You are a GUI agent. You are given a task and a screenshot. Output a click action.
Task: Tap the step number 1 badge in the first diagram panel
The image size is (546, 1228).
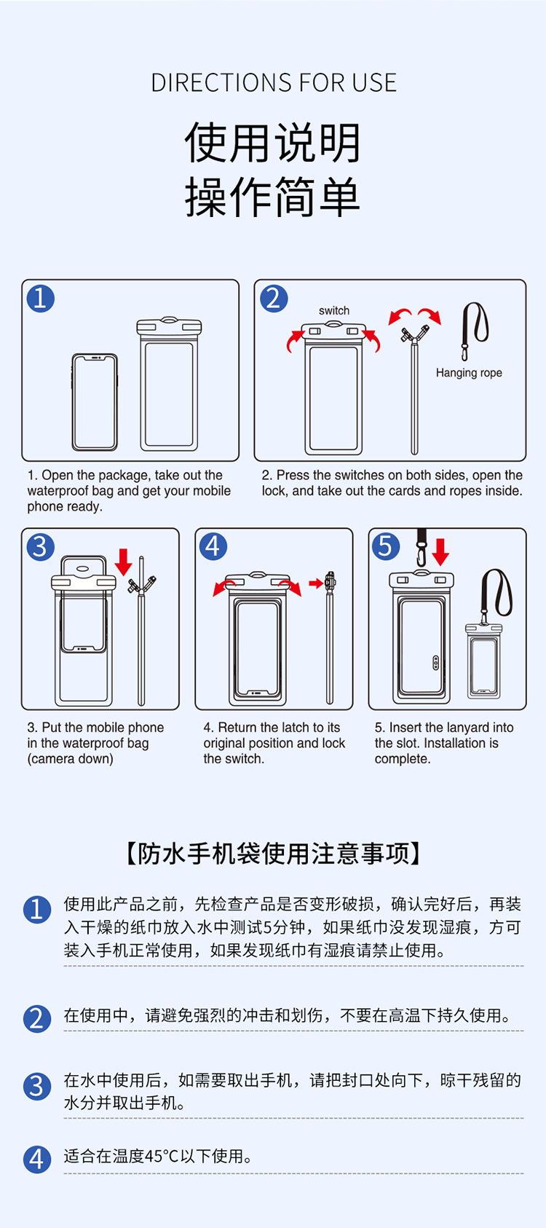[41, 299]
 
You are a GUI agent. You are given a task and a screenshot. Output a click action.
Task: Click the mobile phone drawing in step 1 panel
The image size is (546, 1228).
[95, 402]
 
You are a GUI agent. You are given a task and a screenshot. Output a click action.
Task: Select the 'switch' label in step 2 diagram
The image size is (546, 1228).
[334, 310]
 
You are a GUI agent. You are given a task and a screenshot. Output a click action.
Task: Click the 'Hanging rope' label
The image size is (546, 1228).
[469, 373]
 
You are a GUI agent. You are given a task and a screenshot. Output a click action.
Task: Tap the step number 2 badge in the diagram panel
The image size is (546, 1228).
[274, 299]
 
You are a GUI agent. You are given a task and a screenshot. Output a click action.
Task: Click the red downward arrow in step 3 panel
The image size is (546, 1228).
[124, 562]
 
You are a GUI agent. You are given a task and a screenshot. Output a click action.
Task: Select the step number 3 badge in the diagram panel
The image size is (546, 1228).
[41, 547]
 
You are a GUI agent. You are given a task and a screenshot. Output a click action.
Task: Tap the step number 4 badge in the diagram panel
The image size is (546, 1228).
[213, 546]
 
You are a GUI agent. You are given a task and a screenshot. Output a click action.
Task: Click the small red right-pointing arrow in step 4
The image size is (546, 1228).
[316, 583]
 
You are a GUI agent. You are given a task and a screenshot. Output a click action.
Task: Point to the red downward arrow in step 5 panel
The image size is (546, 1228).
[440, 552]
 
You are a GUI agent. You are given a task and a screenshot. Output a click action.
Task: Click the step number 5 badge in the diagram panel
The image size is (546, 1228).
[386, 546]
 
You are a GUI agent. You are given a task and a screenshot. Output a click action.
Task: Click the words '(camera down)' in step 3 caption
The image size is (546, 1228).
[70, 759]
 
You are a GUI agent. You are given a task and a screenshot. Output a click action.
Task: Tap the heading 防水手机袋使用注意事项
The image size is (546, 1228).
[274, 854]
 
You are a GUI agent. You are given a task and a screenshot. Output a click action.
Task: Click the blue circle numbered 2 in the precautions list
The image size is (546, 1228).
[36, 1018]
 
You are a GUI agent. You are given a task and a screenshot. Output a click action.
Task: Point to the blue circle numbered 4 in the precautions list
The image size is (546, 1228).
[36, 1160]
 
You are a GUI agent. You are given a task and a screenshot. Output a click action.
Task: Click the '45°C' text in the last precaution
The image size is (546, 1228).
[163, 1156]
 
